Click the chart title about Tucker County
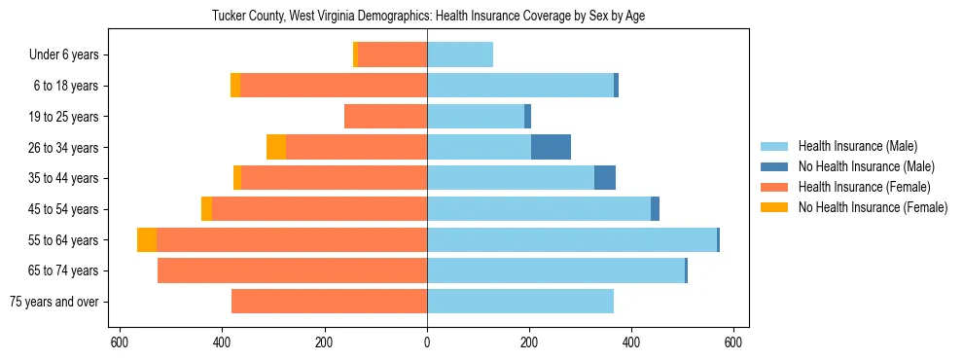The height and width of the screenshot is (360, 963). click(x=428, y=16)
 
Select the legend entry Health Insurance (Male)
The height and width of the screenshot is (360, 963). click(x=857, y=146)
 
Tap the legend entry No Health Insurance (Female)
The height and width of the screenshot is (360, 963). click(x=873, y=207)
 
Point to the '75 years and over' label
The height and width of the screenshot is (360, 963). click(x=54, y=302)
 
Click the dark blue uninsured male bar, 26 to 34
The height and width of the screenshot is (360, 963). click(x=551, y=147)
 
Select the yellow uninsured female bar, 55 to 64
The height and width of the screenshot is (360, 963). click(x=147, y=240)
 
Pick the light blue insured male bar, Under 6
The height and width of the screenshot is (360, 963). click(x=460, y=55)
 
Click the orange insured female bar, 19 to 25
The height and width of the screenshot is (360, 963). click(x=386, y=117)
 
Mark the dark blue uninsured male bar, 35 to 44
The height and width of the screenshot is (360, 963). click(x=605, y=178)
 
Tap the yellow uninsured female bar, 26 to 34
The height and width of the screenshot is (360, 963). click(x=276, y=147)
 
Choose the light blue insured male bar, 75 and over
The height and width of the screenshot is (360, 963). click(x=520, y=302)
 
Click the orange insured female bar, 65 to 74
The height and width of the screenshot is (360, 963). click(x=292, y=270)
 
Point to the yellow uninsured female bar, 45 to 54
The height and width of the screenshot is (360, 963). click(x=206, y=209)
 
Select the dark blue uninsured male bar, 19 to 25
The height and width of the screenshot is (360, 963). click(x=527, y=117)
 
